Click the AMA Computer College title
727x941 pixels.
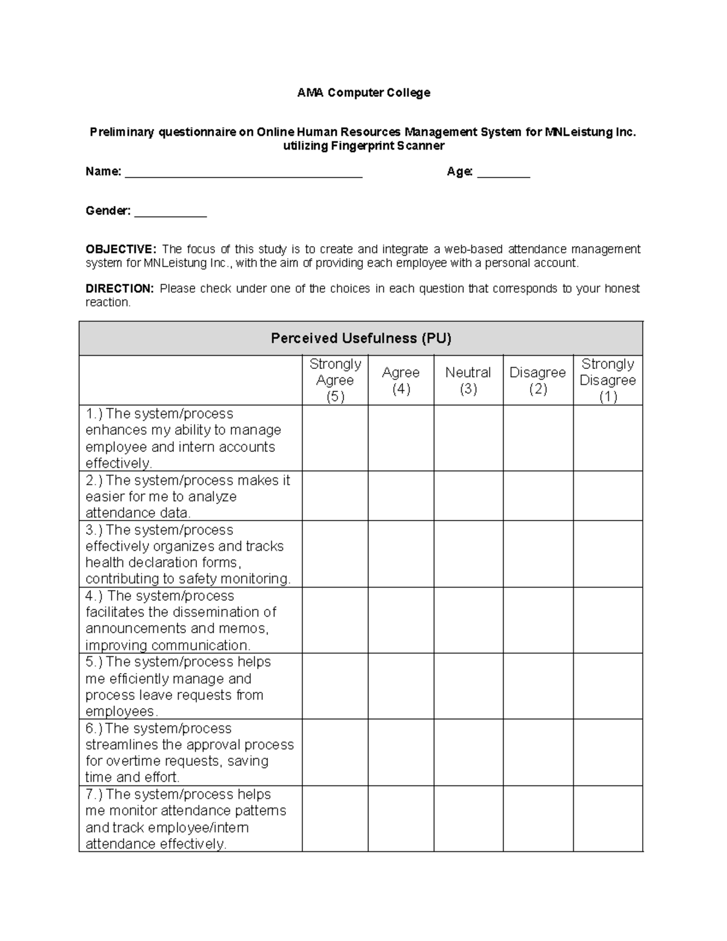(363, 93)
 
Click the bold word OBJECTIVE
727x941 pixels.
(121, 249)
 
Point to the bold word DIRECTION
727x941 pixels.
(119, 288)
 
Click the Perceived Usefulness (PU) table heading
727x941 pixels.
(361, 338)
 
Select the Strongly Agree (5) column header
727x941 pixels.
(335, 380)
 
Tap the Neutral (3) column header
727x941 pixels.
(468, 380)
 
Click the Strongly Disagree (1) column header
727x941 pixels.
(608, 380)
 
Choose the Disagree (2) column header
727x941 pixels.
(537, 380)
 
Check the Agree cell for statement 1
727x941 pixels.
(400, 438)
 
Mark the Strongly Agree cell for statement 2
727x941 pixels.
(335, 496)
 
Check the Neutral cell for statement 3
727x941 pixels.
(468, 554)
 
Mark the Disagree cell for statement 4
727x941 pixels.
(537, 620)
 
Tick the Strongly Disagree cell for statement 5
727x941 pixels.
(608, 686)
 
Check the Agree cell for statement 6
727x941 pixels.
(400, 753)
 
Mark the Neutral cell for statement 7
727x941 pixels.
(468, 819)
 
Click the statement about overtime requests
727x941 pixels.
(190, 753)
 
